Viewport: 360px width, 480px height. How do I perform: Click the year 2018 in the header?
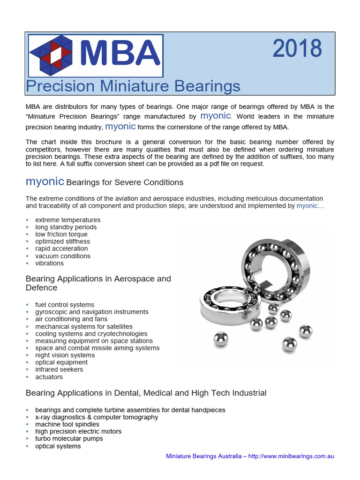point(297,49)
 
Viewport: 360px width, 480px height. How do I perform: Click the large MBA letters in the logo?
point(120,53)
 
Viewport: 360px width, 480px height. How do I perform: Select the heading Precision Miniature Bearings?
point(133,86)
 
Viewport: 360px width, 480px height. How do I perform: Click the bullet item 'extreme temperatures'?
point(67,220)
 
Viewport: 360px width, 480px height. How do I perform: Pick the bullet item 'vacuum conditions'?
point(63,256)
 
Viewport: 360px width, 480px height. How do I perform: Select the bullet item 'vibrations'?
point(49,263)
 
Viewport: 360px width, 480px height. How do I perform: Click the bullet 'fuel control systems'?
point(65,305)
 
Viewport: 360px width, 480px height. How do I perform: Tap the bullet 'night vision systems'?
point(65,355)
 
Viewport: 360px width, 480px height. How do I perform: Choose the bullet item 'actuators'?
point(49,377)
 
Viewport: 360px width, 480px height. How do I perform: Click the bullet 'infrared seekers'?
point(59,369)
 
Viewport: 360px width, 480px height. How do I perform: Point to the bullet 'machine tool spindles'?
point(67,424)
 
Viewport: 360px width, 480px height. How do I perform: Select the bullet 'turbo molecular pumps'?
point(69,439)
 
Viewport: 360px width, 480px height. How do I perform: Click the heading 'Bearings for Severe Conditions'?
point(125,182)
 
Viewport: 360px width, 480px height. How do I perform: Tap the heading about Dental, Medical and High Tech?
point(146,393)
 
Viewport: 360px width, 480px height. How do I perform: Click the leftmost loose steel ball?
point(221,339)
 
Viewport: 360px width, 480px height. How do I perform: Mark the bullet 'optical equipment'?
point(61,362)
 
